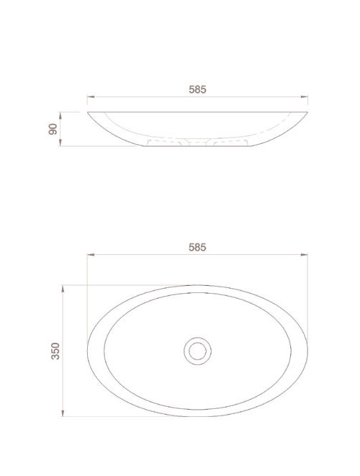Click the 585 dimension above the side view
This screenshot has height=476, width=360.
pos(197,89)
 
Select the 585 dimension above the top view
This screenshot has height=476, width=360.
pos(197,246)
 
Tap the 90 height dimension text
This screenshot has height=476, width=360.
pos(53,130)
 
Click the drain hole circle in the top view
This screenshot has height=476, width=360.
pos(197,350)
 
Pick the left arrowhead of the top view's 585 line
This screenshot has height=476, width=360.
pos(89,254)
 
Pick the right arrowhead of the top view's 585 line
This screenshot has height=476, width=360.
pos(307,254)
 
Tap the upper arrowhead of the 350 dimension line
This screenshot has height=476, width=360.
pos(65,287)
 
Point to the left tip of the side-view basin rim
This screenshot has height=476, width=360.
pos(88,113)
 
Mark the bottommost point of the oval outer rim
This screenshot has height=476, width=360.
pos(197,416)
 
